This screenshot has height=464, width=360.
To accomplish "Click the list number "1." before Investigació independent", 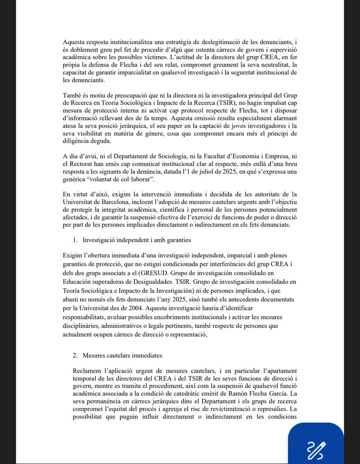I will (75, 240).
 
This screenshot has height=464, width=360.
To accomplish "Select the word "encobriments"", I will (176, 317).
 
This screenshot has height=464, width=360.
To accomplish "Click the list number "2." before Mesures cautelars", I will (75, 355).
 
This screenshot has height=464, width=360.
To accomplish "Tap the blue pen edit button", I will (316, 447).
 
